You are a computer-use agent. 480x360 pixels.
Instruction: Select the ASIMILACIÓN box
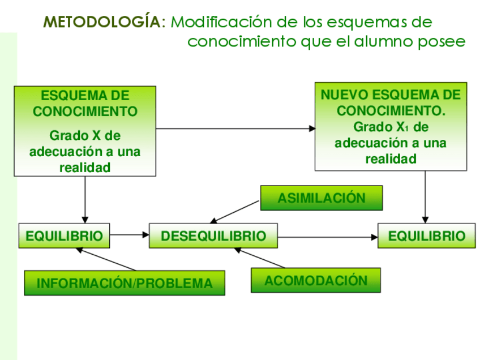click(321, 198)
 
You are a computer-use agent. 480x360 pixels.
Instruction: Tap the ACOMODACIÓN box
click(315, 280)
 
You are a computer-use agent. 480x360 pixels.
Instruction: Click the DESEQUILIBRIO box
click(213, 235)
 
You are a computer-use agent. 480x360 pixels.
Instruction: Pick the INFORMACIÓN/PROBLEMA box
click(125, 283)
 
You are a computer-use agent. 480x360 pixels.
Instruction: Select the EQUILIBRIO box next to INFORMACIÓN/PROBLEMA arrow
click(65, 235)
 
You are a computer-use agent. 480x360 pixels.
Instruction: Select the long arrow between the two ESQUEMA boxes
click(235, 128)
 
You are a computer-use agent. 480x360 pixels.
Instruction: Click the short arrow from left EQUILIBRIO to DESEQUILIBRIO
click(129, 234)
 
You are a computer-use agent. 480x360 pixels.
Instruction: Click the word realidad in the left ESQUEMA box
click(85, 168)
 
